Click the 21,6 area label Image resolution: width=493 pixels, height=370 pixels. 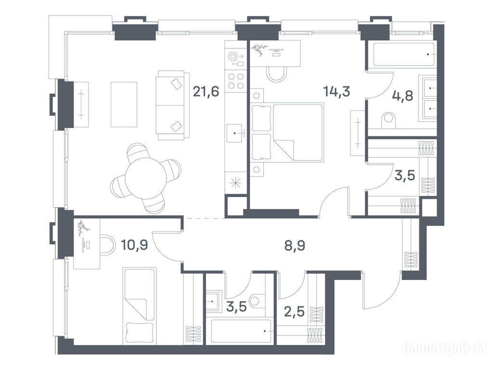[206, 92]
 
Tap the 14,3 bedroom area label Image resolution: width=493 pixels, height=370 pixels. [337, 92]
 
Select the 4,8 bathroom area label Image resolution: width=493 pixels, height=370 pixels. [403, 96]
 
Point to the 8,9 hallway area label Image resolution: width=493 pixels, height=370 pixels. [295, 245]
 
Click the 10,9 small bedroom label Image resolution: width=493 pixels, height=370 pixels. [134, 244]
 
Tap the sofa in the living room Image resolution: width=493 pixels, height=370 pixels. [172, 105]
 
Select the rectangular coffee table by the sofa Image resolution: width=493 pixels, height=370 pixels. [124, 105]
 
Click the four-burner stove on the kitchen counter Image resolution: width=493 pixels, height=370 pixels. [235, 81]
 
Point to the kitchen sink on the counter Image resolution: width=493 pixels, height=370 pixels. [235, 133]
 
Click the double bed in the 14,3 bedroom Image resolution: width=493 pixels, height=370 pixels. [287, 132]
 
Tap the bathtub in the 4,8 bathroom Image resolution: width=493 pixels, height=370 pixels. [404, 54]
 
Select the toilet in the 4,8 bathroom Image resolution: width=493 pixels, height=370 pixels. [389, 120]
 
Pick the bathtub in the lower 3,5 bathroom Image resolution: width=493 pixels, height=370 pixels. [241, 331]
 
